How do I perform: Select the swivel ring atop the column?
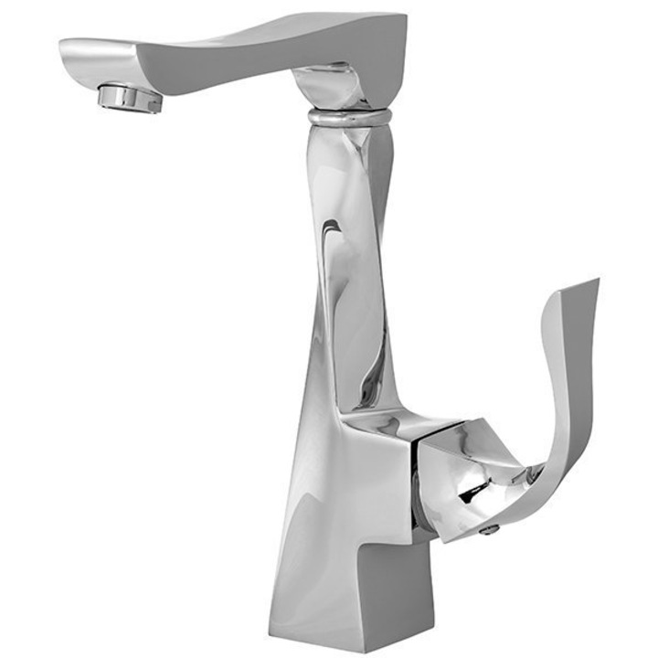tap(349, 117)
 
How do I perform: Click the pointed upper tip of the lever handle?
tap(595, 284)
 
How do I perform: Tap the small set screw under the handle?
tap(491, 528)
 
